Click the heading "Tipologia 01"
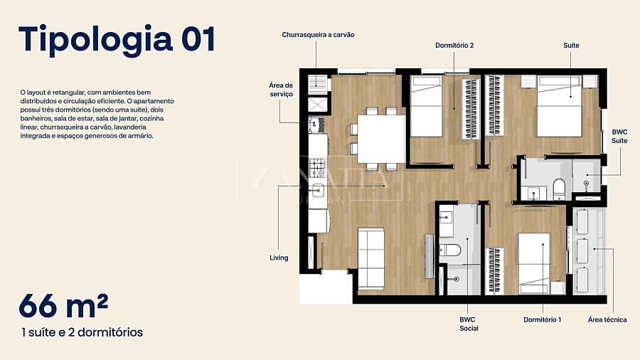coord(117,39)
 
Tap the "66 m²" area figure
coord(63,305)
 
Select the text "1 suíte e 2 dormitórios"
coord(82,332)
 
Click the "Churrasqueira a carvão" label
coord(318,35)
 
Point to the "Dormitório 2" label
coord(454,46)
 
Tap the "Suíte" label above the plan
coord(571,46)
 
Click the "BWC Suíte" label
coord(619,137)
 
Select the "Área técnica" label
coord(607,319)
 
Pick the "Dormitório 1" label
coord(543,319)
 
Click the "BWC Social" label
coord(469,324)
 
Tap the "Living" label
coord(279,258)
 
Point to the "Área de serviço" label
coord(281,90)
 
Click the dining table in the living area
coord(382,139)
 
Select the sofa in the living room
coord(371,259)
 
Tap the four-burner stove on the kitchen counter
coord(318,168)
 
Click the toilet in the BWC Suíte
coord(559,189)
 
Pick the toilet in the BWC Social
coord(450,250)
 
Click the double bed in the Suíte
coord(559,106)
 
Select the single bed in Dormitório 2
coord(426,106)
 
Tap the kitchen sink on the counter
coord(318,189)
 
